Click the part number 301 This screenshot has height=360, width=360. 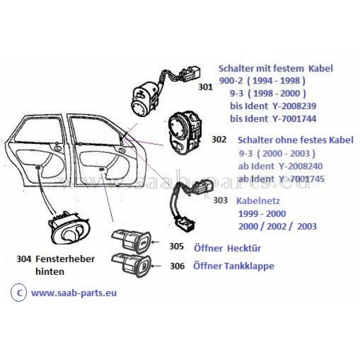click(x=205, y=87)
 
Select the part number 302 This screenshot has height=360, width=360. click(x=219, y=139)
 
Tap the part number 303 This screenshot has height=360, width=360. click(x=220, y=200)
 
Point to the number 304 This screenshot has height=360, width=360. click(x=24, y=259)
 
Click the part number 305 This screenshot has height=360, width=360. click(x=177, y=247)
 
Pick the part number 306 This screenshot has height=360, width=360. click(x=177, y=266)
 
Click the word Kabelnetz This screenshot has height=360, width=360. click(x=258, y=201)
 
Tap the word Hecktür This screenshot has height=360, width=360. click(x=244, y=248)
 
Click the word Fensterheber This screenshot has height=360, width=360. click(x=65, y=259)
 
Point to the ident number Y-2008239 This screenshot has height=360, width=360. click(x=294, y=106)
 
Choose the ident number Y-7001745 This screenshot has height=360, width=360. click(x=301, y=179)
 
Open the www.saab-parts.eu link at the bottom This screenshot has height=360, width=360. click(x=74, y=293)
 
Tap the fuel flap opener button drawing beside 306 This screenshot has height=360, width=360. click(x=131, y=265)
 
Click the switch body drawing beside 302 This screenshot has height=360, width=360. click(x=185, y=133)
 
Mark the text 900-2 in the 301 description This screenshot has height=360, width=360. click(x=231, y=81)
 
